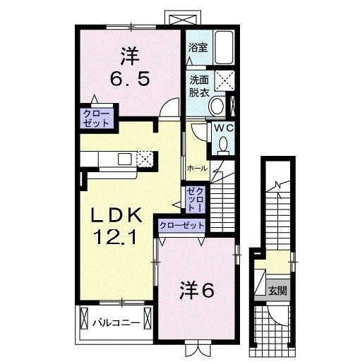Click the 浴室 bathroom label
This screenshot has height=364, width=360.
tap(197, 48)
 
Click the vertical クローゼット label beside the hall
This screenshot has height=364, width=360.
tap(195, 200)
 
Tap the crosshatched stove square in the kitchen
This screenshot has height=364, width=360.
tap(145, 159)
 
